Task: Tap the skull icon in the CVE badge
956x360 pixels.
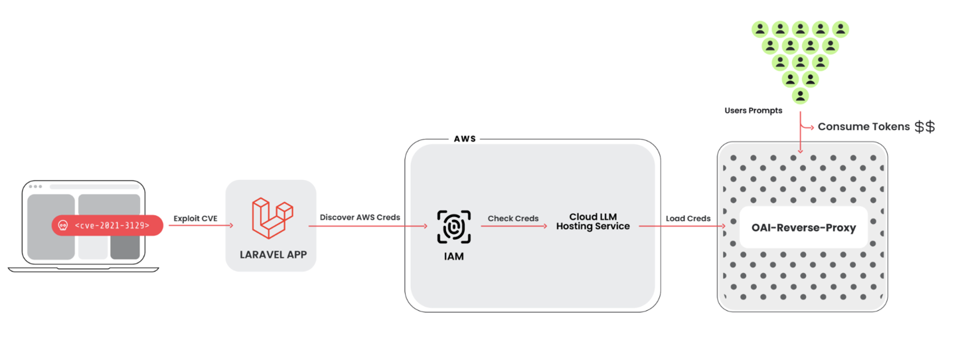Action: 64,226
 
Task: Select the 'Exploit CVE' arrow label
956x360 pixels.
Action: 195,218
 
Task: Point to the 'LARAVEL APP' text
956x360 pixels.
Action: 273,254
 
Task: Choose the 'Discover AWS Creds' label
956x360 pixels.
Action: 360,217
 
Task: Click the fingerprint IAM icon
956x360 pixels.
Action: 454,227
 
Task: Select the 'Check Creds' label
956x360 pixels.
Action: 513,218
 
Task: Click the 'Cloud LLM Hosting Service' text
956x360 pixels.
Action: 592,222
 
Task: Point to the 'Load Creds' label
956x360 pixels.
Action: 688,218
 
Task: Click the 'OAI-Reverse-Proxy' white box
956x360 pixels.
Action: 803,228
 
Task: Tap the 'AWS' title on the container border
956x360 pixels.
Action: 465,139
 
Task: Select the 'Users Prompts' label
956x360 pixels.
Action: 754,111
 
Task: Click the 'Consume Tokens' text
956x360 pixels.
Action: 863,127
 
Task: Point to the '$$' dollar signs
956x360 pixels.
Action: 924,127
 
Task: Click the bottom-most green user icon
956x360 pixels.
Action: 801,96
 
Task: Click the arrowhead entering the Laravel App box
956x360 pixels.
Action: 230,226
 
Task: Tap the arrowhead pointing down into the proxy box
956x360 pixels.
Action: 801,151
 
